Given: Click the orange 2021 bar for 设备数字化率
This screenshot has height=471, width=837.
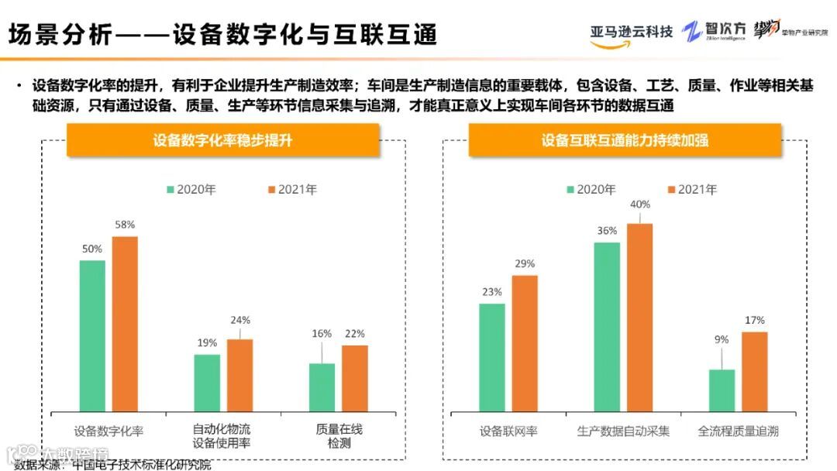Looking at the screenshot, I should pyautogui.click(x=125, y=324).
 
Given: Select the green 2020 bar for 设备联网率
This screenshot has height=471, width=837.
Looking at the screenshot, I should pyautogui.click(x=491, y=357).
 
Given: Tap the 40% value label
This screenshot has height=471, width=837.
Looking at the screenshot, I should pyautogui.click(x=640, y=205).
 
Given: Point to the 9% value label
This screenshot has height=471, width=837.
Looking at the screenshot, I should pyautogui.click(x=721, y=339).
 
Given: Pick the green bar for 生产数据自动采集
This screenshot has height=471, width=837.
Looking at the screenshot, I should pyautogui.click(x=607, y=326).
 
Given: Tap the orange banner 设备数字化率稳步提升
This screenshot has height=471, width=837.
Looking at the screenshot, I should pyautogui.click(x=222, y=140).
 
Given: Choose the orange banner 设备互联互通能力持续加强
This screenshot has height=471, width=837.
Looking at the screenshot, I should pyautogui.click(x=625, y=140).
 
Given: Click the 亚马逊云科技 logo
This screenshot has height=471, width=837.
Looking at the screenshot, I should pyautogui.click(x=631, y=33).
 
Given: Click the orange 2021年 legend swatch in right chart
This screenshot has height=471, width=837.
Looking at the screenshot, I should pyautogui.click(x=671, y=190).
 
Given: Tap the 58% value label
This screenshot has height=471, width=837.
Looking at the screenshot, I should pyautogui.click(x=125, y=225).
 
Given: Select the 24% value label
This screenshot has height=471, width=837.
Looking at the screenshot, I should pyautogui.click(x=239, y=321).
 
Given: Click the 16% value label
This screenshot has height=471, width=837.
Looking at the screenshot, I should pyautogui.click(x=322, y=334).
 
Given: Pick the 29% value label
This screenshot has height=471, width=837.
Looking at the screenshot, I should pyautogui.click(x=525, y=263).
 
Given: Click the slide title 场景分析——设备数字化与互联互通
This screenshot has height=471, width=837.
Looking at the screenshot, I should pyautogui.click(x=222, y=34).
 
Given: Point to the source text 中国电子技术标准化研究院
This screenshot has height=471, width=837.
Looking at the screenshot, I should pyautogui.click(x=141, y=465).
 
